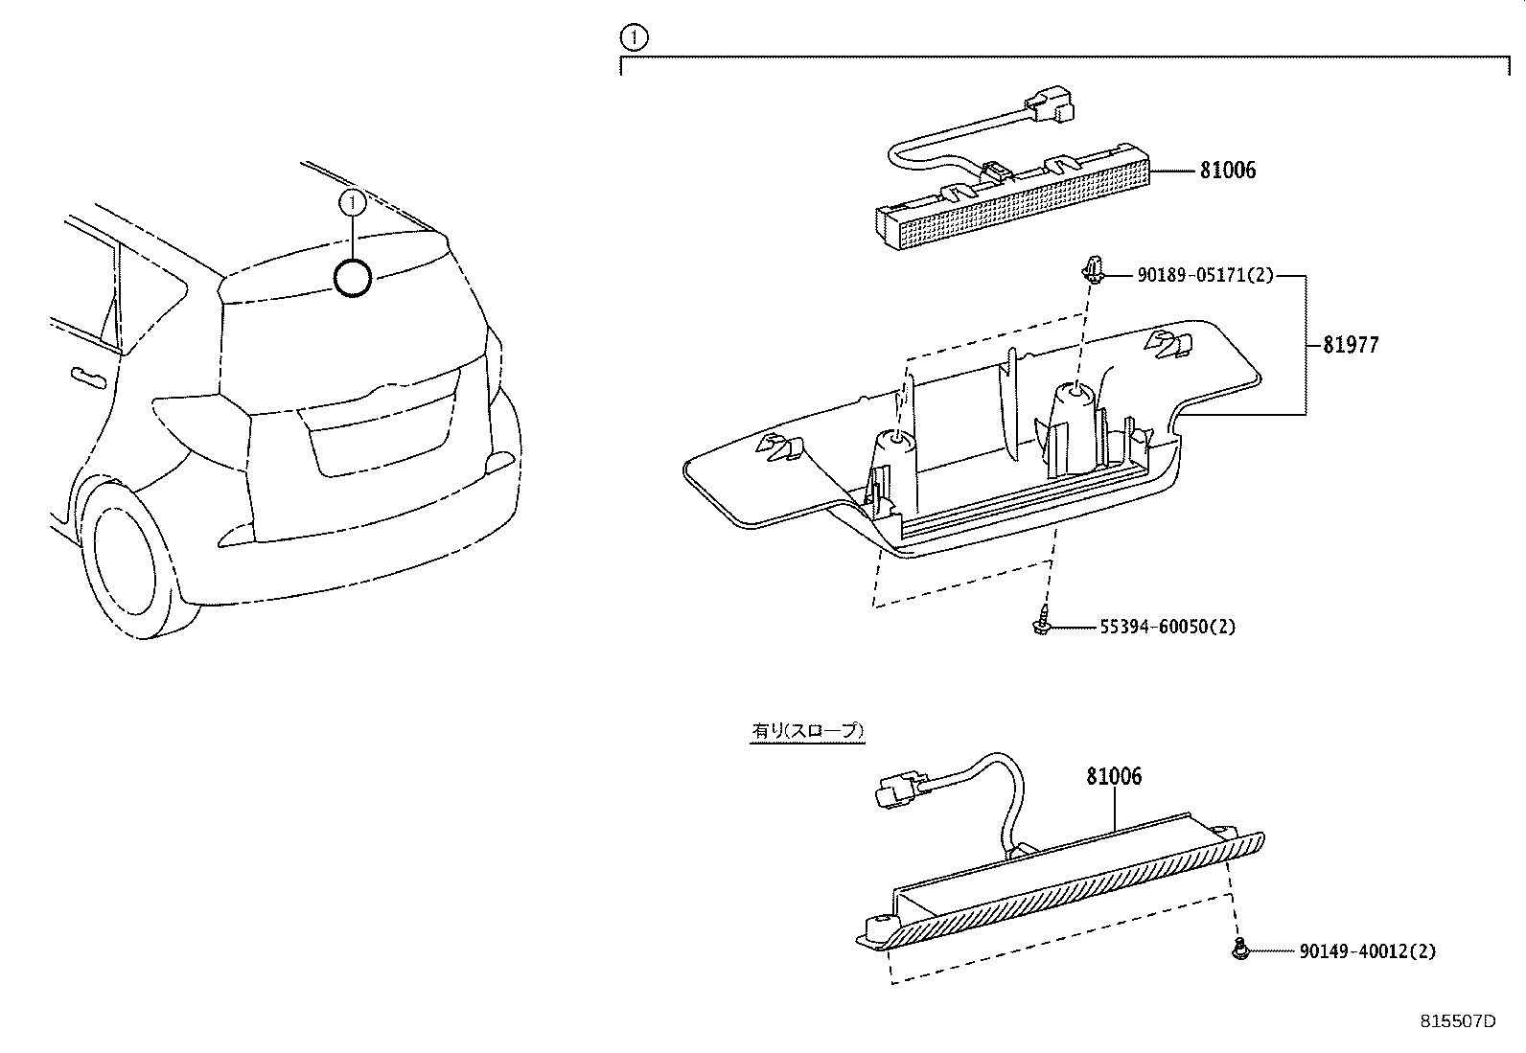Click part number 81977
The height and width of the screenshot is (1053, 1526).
1350,345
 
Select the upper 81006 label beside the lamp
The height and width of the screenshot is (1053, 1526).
1227,171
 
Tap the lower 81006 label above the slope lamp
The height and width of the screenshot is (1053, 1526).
1114,776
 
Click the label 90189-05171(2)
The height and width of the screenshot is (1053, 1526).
1205,276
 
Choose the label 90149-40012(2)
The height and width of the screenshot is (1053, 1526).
1367,951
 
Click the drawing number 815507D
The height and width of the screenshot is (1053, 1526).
1457,1021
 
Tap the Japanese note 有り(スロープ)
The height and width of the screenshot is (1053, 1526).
807,731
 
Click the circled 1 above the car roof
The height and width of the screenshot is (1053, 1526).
353,202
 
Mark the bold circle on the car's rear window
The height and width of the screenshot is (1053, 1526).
352,278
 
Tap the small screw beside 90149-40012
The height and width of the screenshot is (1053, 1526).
1239,950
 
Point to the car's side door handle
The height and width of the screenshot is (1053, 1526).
86,376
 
